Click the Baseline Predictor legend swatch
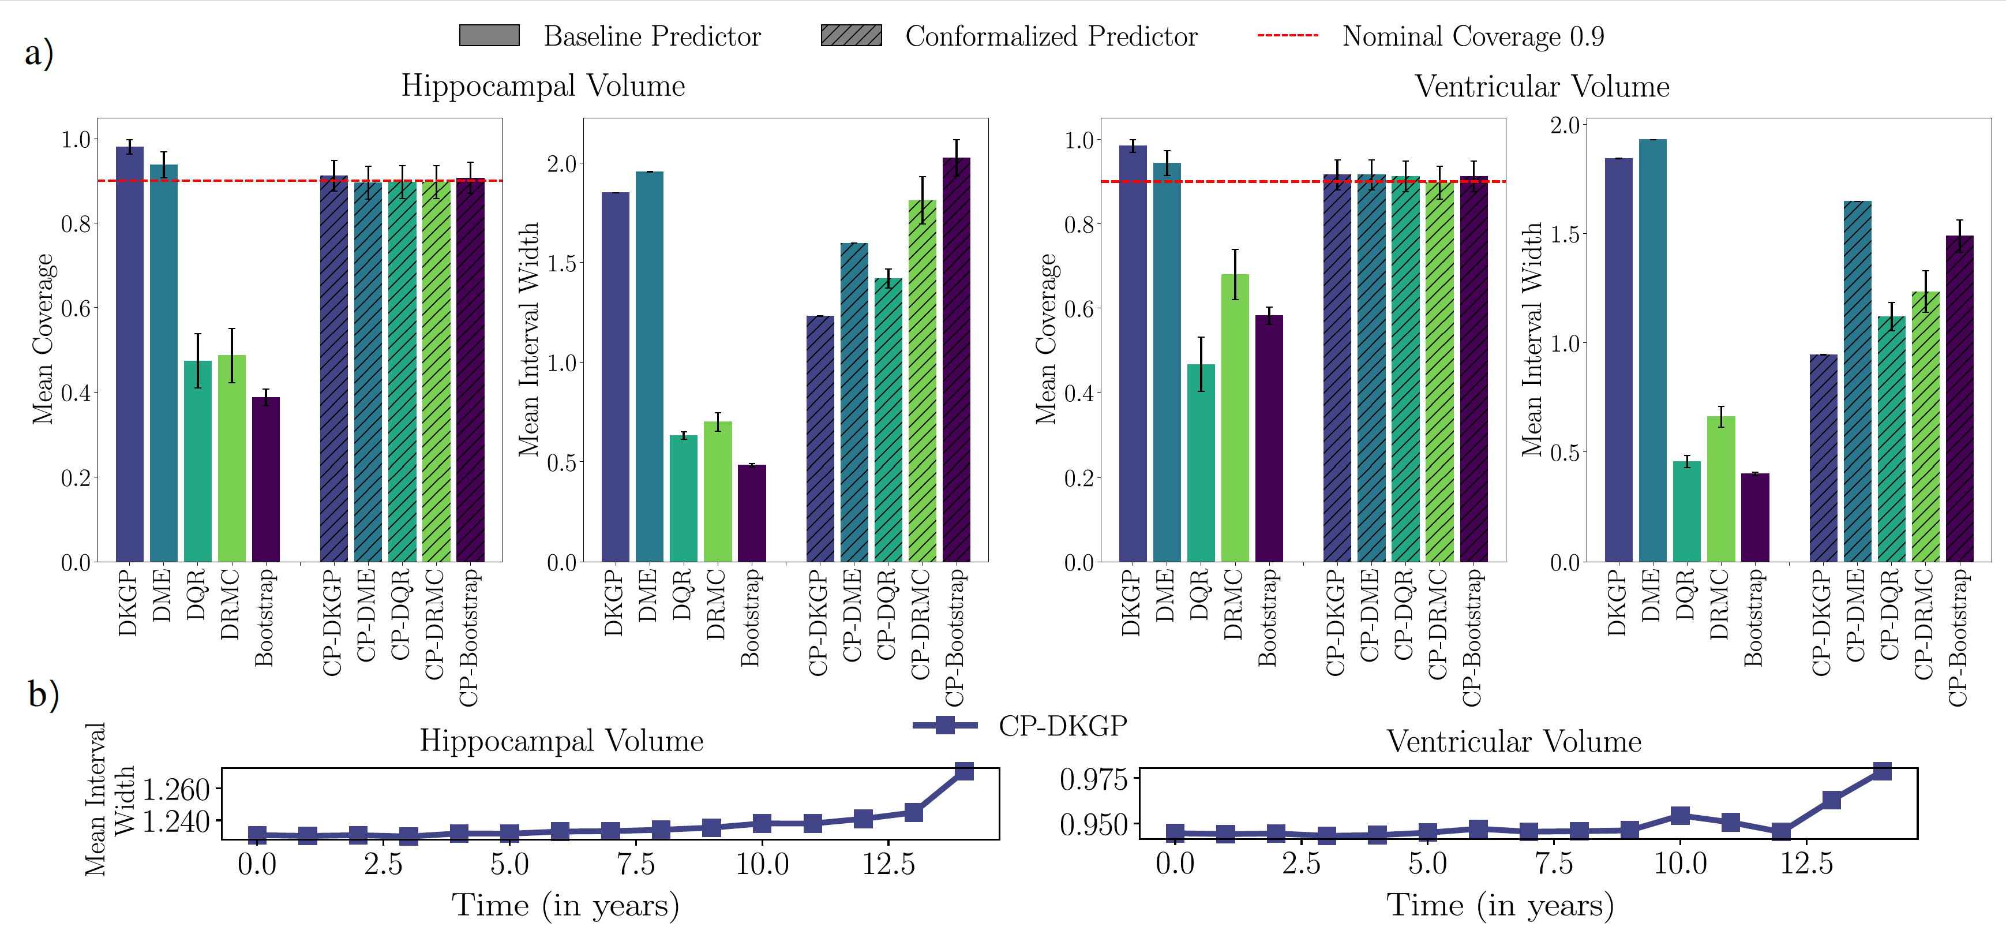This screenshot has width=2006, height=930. (x=489, y=36)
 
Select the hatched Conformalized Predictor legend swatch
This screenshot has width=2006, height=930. (x=851, y=36)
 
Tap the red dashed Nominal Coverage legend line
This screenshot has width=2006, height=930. (x=1287, y=36)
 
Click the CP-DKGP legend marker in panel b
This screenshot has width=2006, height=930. (x=944, y=725)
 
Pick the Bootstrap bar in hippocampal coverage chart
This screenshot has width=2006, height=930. (x=265, y=479)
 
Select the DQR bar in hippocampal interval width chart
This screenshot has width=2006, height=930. (x=683, y=499)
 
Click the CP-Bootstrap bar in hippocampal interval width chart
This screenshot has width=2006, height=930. (x=957, y=358)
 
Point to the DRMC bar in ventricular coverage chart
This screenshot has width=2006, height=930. (x=1234, y=417)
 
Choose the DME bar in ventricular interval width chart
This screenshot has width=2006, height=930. (x=1652, y=350)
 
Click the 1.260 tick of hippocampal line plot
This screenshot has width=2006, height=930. (x=177, y=790)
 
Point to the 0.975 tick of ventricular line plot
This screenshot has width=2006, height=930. (x=1093, y=779)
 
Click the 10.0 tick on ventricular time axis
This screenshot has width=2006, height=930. (x=1679, y=864)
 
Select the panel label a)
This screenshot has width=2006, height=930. (x=39, y=53)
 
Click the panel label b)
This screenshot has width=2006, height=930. (x=43, y=693)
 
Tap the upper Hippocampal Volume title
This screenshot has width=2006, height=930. (x=543, y=85)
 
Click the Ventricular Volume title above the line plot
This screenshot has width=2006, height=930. (x=1513, y=741)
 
